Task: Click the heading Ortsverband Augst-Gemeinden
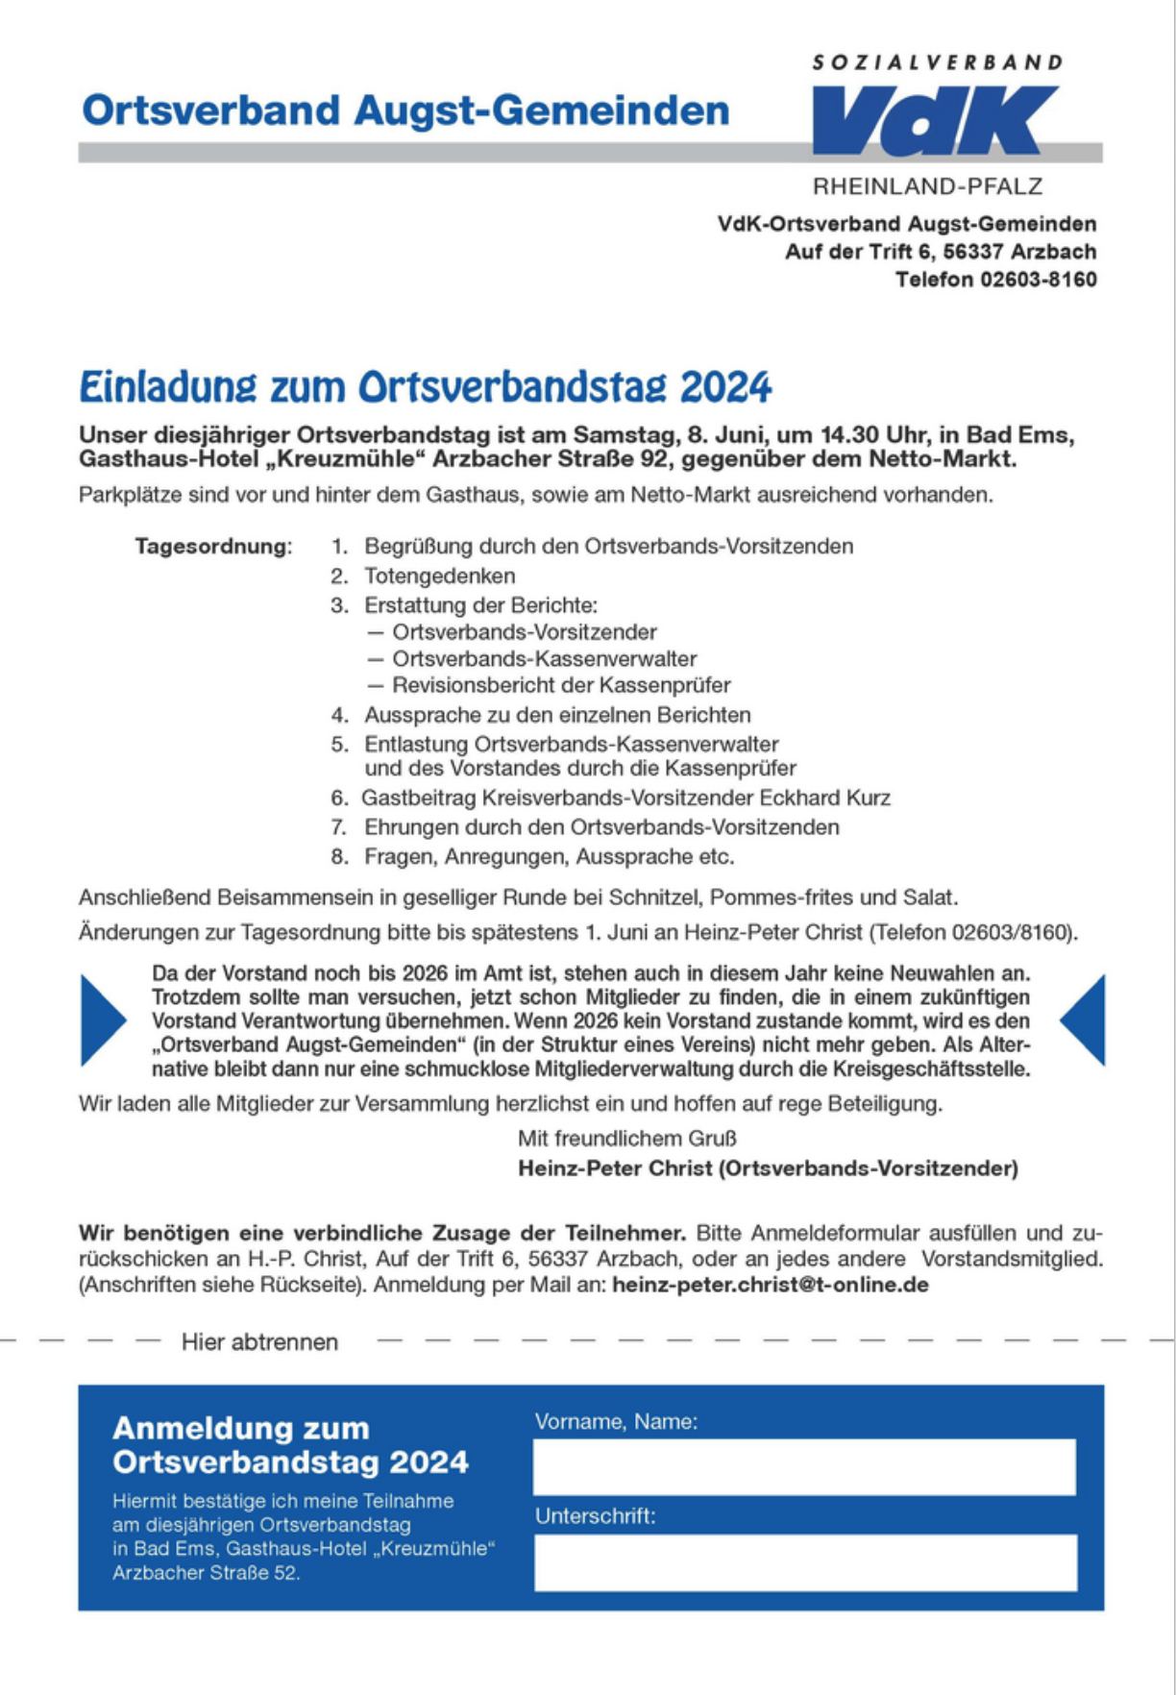click(405, 111)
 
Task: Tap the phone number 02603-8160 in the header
click(1038, 280)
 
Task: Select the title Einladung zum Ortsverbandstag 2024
click(425, 387)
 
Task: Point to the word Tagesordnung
click(212, 547)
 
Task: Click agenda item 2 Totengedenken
click(439, 577)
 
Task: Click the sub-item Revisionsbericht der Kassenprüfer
click(561, 686)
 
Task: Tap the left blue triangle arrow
click(101, 1020)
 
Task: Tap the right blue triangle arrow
click(1085, 1020)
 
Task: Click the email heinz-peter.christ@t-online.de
click(770, 1286)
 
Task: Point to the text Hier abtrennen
click(259, 1342)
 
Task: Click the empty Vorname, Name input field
click(804, 1466)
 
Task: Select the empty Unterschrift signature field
click(805, 1561)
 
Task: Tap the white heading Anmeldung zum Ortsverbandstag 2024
click(290, 1445)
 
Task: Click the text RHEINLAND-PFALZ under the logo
click(927, 186)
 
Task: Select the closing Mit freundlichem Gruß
click(626, 1139)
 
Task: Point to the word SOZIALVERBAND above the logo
click(937, 63)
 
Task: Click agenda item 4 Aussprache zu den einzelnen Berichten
click(557, 716)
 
